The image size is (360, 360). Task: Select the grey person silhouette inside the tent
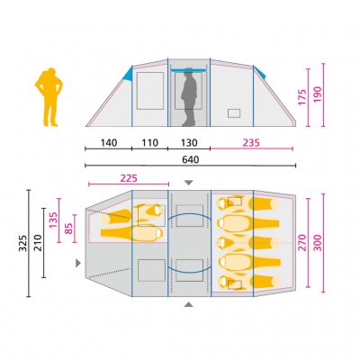pyautogui.click(x=189, y=98)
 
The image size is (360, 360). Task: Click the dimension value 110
pyautogui.click(x=149, y=143)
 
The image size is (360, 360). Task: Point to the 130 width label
pyautogui.click(x=189, y=143)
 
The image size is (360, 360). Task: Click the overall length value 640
pyautogui.click(x=189, y=160)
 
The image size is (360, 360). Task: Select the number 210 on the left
pyautogui.click(x=37, y=242)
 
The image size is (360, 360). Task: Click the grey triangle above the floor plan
pyautogui.click(x=188, y=183)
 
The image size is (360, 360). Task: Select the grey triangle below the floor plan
pyautogui.click(x=188, y=305)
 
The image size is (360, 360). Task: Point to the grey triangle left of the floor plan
pyautogui.click(x=79, y=263)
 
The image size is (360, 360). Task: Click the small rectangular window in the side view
pyautogui.click(x=235, y=112)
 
